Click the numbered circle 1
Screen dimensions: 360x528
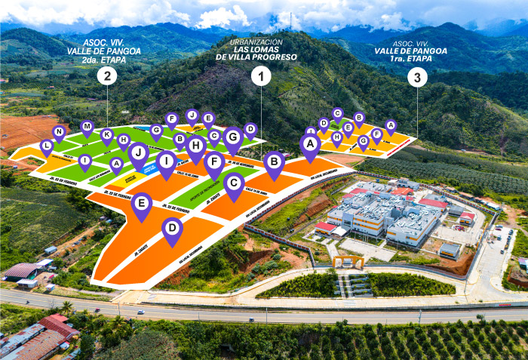pos(262,75)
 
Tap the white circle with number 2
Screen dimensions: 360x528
pos(109,75)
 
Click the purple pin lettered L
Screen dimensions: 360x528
pos(47,146)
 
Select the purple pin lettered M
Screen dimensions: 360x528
pos(87,127)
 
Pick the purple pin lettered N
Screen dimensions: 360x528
pos(59,132)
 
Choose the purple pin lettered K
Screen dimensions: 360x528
pos(107,135)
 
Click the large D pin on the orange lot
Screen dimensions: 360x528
pos(173,229)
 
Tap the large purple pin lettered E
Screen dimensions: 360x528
pos(141,203)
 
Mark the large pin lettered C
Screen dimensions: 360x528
pos(234,182)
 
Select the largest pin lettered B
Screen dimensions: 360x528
pos(275,161)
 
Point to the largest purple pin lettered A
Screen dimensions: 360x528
pos(310,143)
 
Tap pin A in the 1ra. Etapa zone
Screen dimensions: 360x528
pos(390,125)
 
